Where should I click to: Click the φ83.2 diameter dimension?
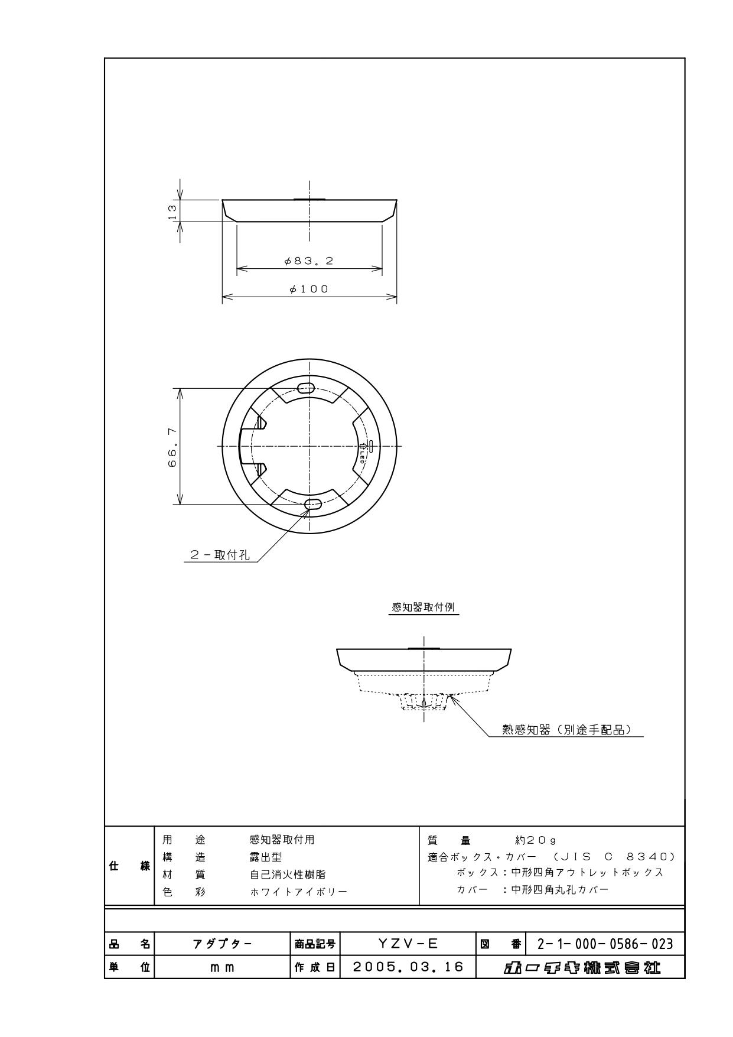(309, 261)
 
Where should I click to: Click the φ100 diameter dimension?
(309, 289)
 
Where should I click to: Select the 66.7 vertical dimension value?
(172, 447)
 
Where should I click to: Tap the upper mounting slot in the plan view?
(307, 388)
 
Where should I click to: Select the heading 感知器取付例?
(423, 607)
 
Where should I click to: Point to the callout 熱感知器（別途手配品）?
(566, 730)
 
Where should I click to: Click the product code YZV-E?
(408, 944)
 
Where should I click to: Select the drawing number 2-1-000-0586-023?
(605, 944)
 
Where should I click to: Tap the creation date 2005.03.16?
(408, 967)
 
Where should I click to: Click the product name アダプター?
(222, 944)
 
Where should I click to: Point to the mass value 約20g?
(536, 840)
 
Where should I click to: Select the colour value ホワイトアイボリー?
(298, 892)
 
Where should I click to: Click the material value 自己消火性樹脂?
(288, 875)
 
